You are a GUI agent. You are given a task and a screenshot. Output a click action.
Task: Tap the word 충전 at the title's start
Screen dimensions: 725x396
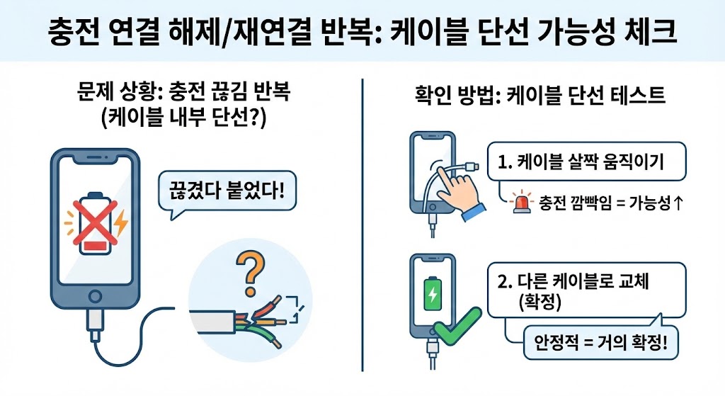pos(72,30)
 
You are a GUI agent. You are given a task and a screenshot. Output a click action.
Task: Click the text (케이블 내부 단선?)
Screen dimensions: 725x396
pos(184,118)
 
